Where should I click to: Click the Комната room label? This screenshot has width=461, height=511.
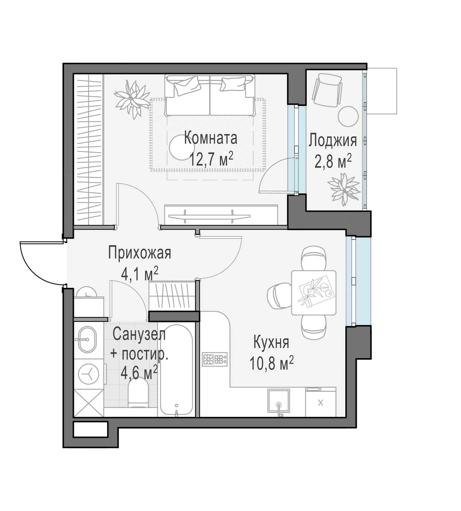[211, 138]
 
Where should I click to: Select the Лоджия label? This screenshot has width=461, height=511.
[333, 141]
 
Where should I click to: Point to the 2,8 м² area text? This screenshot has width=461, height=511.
[333, 161]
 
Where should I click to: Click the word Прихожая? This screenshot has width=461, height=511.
[139, 253]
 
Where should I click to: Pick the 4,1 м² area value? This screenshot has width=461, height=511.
[140, 274]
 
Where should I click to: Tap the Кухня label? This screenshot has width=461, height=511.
[271, 342]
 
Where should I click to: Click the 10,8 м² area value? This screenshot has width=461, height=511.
[271, 363]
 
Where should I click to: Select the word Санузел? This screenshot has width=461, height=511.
[139, 334]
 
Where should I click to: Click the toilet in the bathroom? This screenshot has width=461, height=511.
[138, 395]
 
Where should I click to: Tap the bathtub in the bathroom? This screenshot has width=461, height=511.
[176, 370]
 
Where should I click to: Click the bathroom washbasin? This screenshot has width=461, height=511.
[86, 339]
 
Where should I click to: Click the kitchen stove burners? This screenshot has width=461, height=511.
[215, 359]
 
